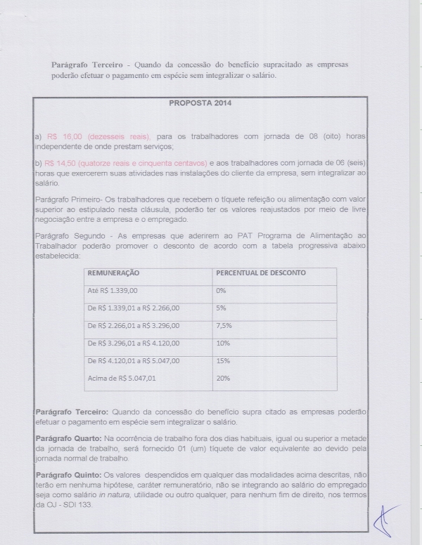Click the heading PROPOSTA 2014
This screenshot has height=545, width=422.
pos(201,103)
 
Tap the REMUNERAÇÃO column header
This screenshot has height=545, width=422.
pos(113,272)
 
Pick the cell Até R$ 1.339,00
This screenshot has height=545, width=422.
pos(113,290)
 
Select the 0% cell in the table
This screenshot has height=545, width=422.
pos(221,290)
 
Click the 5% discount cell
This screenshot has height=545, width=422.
pos(221,308)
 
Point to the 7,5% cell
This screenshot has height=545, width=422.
pos(224,326)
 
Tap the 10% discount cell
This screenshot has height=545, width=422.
pos(223,343)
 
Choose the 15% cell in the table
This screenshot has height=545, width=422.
pos(223,361)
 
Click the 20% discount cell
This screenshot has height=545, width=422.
pos(223,379)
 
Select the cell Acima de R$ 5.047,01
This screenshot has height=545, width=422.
pos(121,379)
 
